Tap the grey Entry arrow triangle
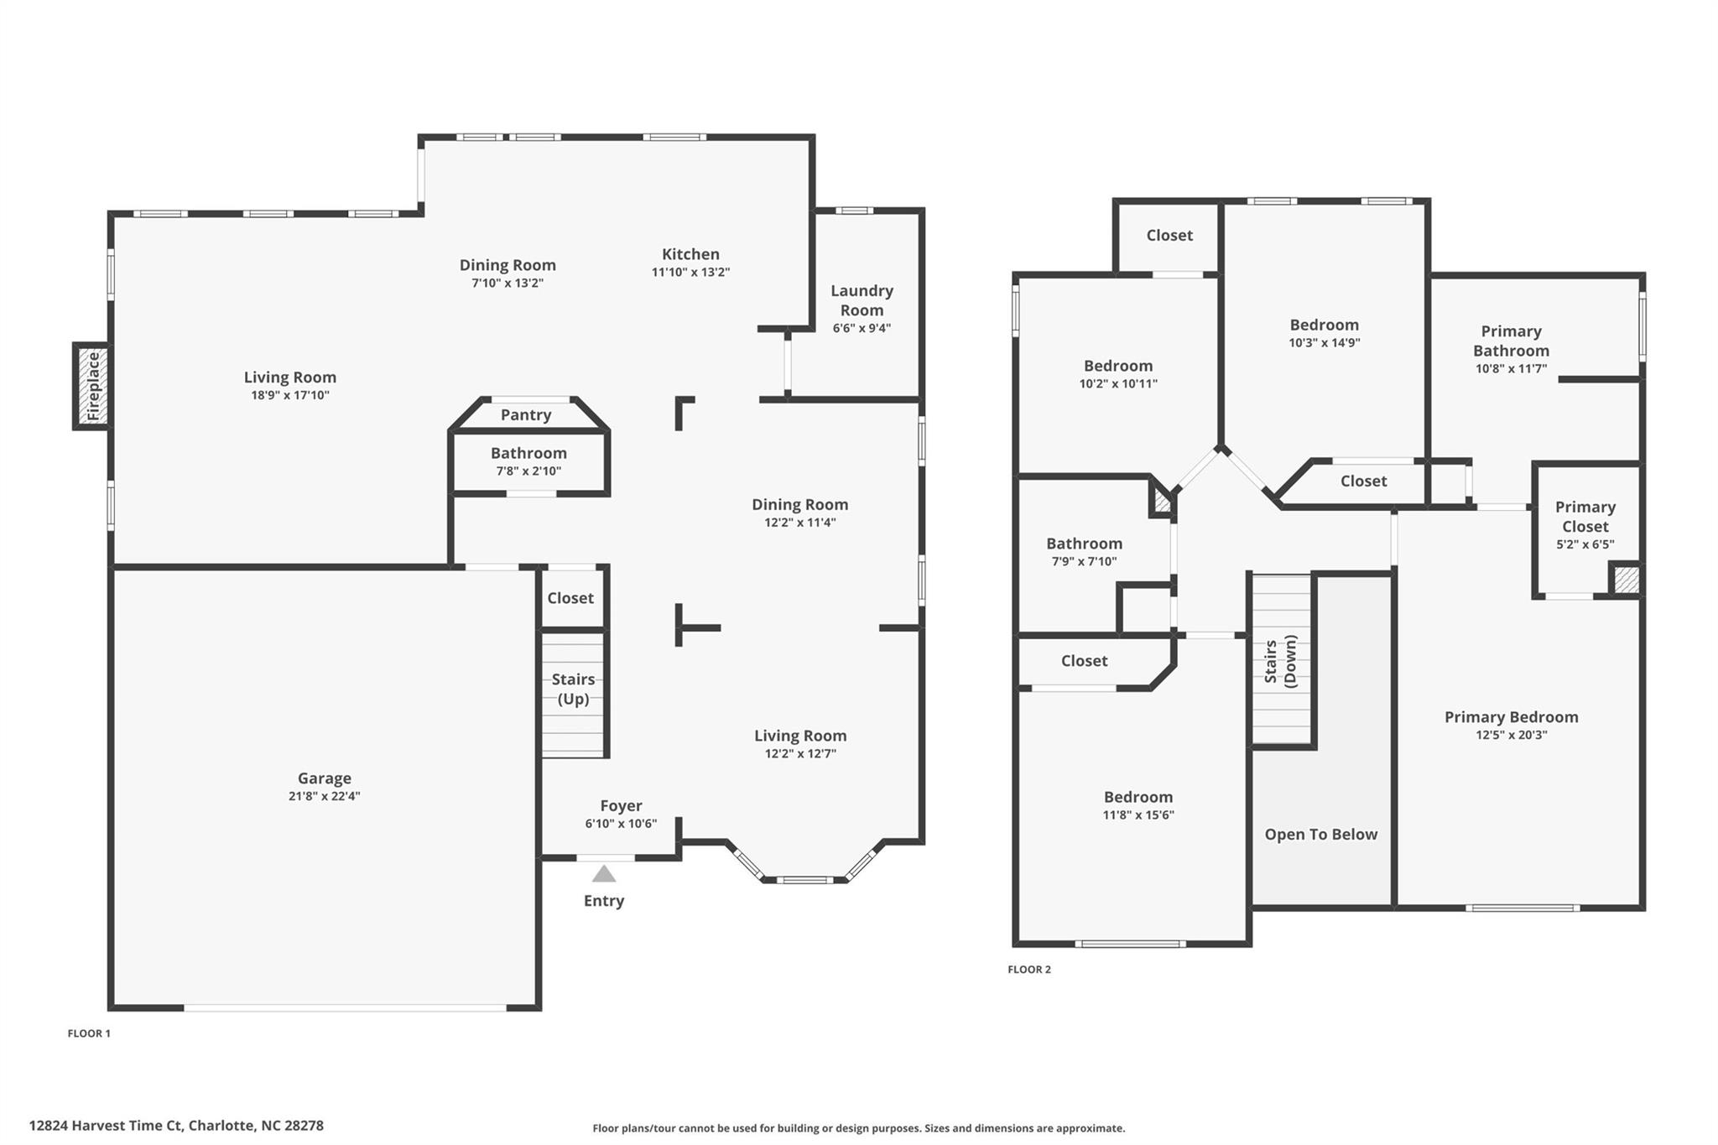604,874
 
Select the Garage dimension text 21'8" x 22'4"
324,796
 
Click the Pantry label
526,414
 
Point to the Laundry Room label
862,300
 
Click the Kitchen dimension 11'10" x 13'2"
690,272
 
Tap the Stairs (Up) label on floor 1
573,689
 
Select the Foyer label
621,805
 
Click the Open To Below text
1320,834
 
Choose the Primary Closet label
1585,517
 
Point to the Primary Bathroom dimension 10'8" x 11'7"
1511,368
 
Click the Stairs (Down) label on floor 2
1280,661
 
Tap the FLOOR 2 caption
1028,969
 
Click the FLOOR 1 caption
89,1033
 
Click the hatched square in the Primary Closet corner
1626,580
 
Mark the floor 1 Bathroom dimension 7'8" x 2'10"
528,471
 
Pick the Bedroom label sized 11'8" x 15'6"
1138,797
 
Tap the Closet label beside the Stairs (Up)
570,598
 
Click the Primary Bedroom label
1511,716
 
